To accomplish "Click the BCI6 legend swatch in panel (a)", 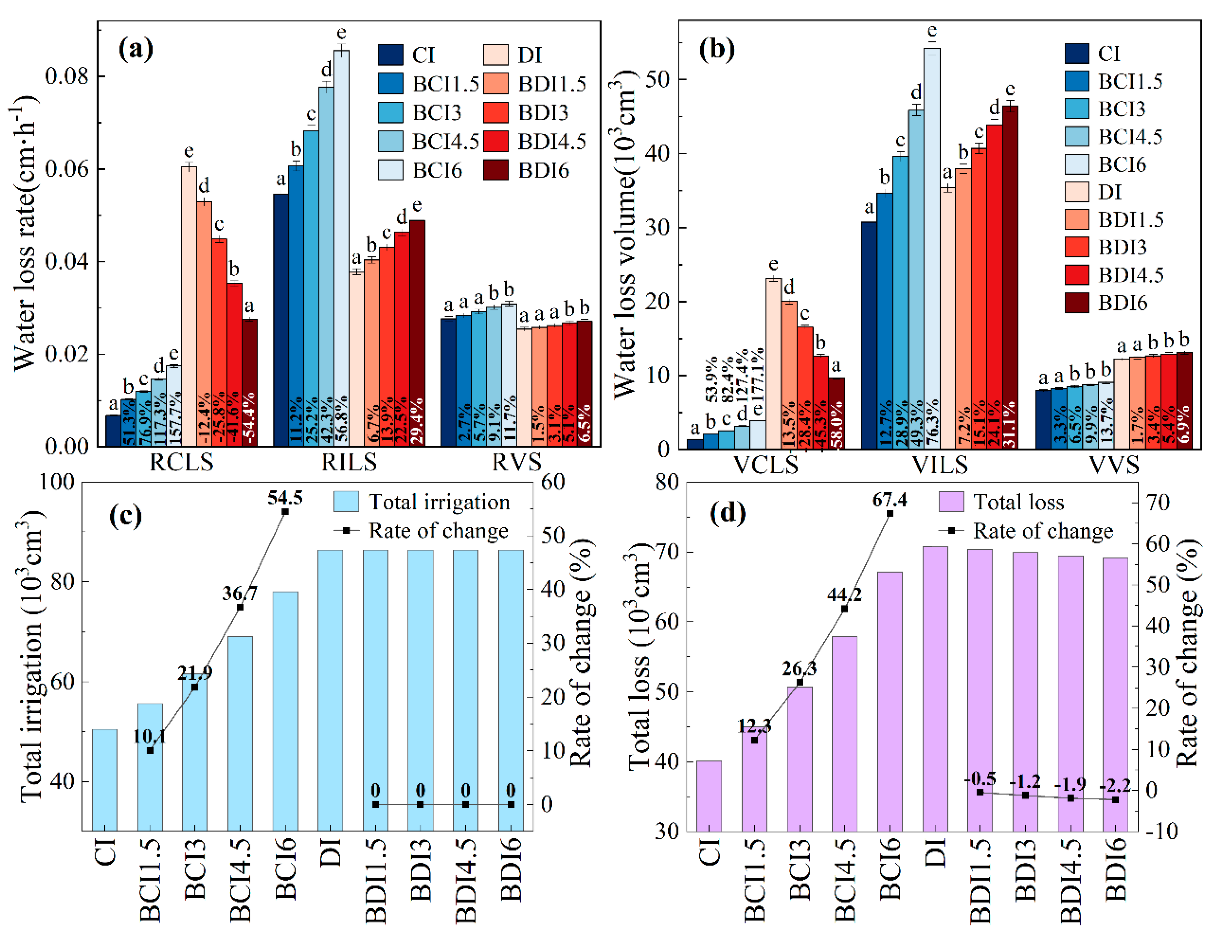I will [390, 170].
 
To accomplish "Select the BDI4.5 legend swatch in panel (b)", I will [1077, 275].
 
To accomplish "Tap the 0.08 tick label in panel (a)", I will [67, 76].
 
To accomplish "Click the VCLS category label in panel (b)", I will [765, 464].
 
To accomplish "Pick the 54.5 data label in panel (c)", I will [285, 498].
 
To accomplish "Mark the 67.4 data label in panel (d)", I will [889, 500].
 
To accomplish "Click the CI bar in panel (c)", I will [105, 780].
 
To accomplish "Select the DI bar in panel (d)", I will [935, 688].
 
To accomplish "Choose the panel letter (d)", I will [727, 513].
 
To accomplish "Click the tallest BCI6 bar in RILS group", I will [341, 248].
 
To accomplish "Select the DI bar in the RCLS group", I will [189, 306].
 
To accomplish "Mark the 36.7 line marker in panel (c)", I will [240, 607].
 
